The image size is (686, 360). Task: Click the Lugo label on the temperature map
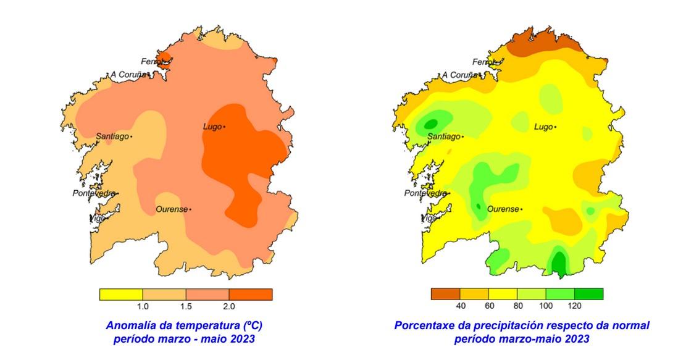(x=212, y=127)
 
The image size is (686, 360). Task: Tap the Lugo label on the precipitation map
(x=543, y=127)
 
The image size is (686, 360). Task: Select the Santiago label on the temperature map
(x=112, y=136)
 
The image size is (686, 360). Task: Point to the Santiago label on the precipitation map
(x=443, y=136)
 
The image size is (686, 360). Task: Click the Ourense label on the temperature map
(x=171, y=209)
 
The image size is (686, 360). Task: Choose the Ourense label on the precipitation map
(x=503, y=209)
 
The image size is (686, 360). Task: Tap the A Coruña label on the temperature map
(x=128, y=75)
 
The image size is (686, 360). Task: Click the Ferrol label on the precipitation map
(x=483, y=62)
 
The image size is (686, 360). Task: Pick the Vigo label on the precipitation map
(x=428, y=218)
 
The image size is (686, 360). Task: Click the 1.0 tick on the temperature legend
(x=143, y=306)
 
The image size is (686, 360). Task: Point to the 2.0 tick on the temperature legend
(x=229, y=306)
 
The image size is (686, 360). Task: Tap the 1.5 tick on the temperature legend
(x=186, y=306)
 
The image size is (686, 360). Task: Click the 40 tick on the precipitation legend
(x=460, y=306)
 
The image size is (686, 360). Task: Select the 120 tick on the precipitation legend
(x=575, y=306)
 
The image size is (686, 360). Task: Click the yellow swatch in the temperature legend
(x=121, y=294)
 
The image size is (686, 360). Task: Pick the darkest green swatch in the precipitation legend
(x=589, y=294)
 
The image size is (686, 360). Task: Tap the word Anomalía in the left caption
(x=129, y=325)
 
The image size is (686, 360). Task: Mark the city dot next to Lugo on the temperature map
(x=224, y=127)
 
